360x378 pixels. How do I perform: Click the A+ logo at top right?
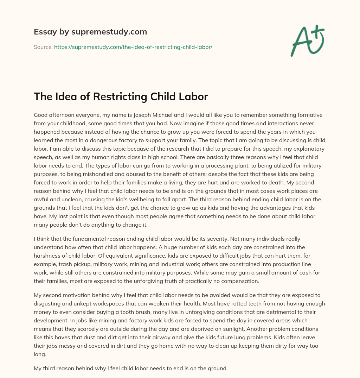pos(307,41)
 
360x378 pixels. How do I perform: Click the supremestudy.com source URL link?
pos(133,46)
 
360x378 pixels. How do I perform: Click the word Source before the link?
pos(43,46)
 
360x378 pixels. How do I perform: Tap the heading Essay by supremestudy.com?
pos(90,32)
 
